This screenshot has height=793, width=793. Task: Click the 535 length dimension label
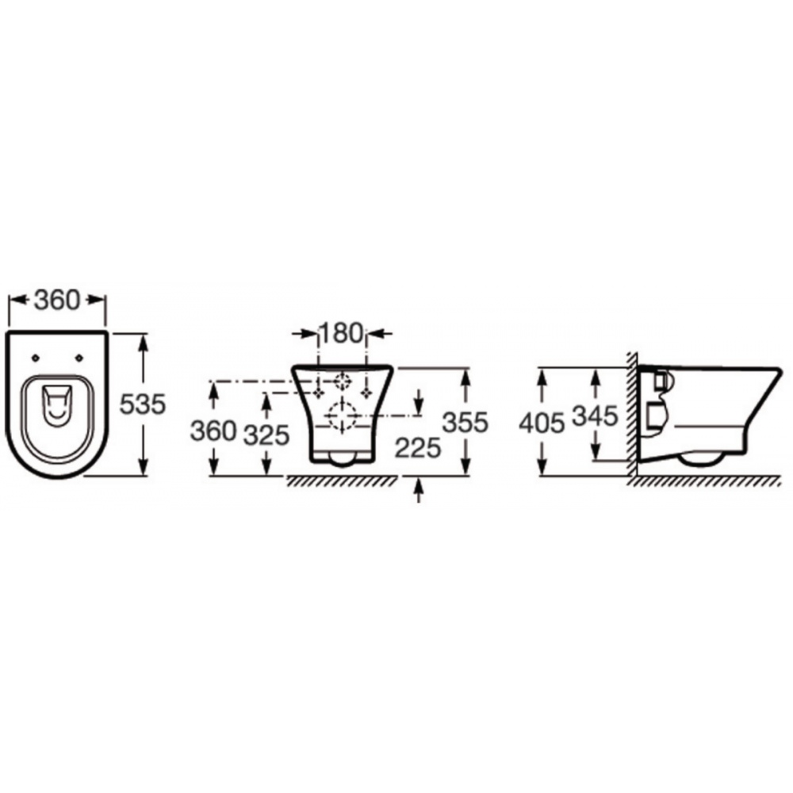[x=143, y=404]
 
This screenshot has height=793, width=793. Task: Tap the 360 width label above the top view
[x=57, y=300]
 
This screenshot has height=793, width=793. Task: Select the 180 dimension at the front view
[x=341, y=333]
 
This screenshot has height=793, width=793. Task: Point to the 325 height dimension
[x=266, y=435]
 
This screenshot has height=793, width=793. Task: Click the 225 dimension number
[x=418, y=447]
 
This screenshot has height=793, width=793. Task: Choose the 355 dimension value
[x=465, y=422]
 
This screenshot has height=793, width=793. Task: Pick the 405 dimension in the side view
[x=542, y=423]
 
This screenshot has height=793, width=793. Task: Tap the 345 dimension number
[x=596, y=416]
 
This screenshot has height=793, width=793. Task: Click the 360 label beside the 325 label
[x=213, y=431]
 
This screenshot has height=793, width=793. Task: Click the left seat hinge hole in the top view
[x=35, y=358]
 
